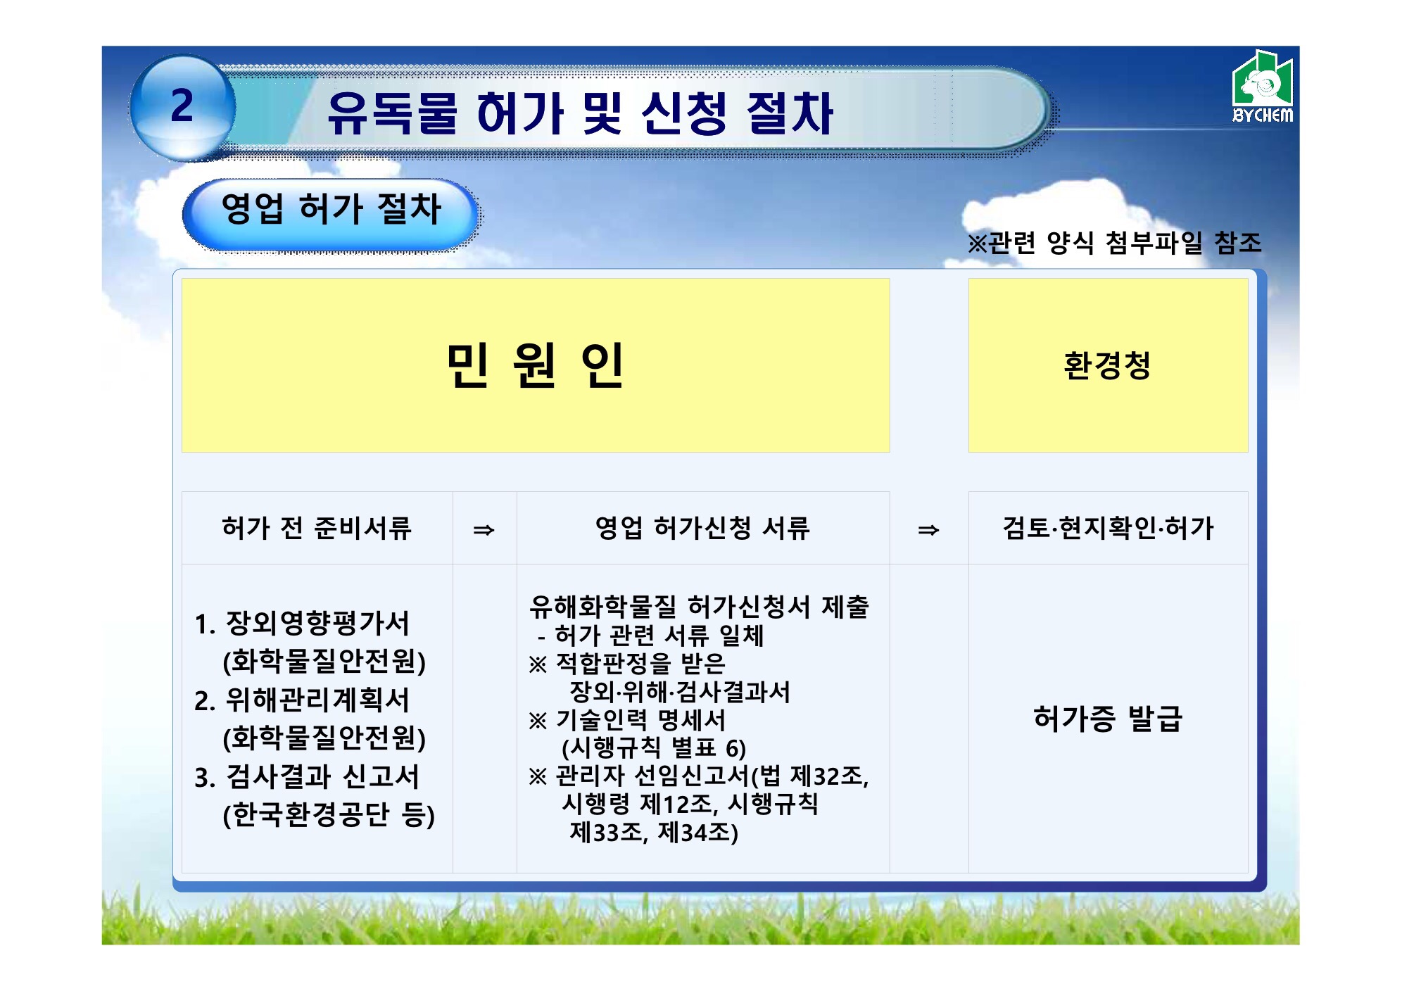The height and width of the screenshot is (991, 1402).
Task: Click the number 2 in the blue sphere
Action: click(x=182, y=106)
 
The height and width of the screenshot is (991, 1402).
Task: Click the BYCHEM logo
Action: click(x=1263, y=87)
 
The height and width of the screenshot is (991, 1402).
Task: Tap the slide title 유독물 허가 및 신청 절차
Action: click(x=581, y=113)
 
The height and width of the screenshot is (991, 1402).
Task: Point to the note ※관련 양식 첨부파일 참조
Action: click(x=1114, y=243)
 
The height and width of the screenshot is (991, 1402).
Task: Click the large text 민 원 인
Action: click(x=536, y=365)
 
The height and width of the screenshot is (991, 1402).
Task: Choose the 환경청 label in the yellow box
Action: click(x=1107, y=365)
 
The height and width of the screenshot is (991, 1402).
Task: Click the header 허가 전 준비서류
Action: click(x=317, y=528)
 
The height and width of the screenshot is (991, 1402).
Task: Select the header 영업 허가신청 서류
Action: click(x=702, y=528)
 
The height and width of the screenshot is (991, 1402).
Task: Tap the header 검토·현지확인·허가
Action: click(x=1109, y=528)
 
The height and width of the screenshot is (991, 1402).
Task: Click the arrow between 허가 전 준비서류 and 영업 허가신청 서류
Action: click(x=484, y=530)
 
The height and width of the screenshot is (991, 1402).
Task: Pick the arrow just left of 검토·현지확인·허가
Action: click(x=928, y=530)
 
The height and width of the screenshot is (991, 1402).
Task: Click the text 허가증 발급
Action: click(x=1108, y=719)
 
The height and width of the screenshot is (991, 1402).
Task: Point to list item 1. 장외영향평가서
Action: click(x=302, y=624)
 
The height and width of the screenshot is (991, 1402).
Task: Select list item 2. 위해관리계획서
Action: click(x=302, y=700)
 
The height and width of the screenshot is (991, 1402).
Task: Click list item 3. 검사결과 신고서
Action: click(x=307, y=777)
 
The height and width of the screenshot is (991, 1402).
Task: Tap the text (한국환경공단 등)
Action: click(x=329, y=815)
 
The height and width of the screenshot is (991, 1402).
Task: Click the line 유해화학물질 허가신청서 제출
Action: click(x=700, y=607)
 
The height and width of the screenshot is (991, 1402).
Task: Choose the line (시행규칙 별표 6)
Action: click(x=654, y=747)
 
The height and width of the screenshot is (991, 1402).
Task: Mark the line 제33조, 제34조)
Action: click(x=654, y=833)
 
